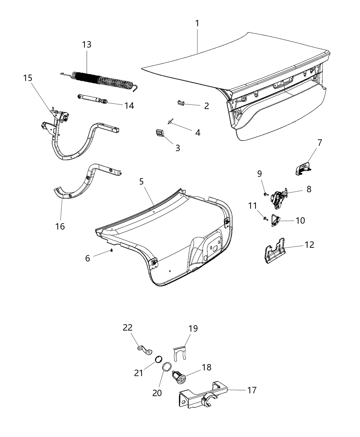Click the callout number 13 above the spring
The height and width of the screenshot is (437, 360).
pos(87,45)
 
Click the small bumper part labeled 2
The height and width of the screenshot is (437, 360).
pos(182,102)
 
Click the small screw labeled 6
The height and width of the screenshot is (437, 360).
pos(112,251)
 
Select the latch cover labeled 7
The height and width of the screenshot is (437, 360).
pos(302,168)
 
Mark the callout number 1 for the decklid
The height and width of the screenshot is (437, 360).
pos(197,23)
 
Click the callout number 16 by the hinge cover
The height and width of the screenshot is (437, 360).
pos(60,227)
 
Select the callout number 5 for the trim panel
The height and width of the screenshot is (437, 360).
pos(141,182)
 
